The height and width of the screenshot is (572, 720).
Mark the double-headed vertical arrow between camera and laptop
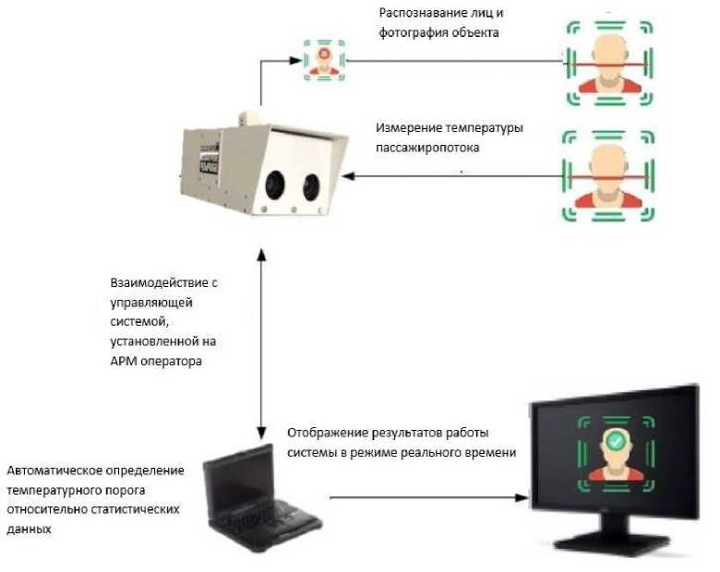click(x=263, y=341)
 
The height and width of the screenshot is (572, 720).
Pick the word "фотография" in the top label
click(x=414, y=34)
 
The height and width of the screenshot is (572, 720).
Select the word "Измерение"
click(x=408, y=128)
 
